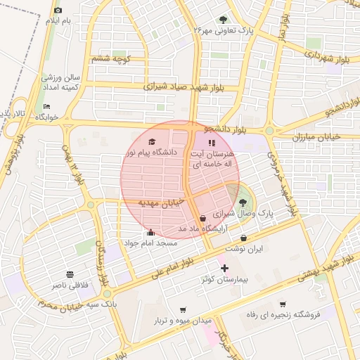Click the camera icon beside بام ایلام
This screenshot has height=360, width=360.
(x=58, y=11)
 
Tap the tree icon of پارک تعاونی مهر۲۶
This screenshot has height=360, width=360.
(x=223, y=20)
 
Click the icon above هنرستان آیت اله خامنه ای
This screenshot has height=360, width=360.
(x=212, y=143)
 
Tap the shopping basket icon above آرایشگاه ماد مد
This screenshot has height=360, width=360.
(x=203, y=219)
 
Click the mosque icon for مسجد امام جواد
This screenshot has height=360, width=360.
(x=150, y=233)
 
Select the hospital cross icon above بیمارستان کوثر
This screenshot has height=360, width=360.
(x=224, y=268)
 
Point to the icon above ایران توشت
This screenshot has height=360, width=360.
(x=243, y=237)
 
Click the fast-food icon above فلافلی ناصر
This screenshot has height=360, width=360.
(x=69, y=274)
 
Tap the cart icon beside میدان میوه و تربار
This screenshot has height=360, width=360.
(x=183, y=309)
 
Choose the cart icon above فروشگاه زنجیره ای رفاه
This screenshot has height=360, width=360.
(x=282, y=304)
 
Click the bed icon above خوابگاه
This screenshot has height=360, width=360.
(x=47, y=106)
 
